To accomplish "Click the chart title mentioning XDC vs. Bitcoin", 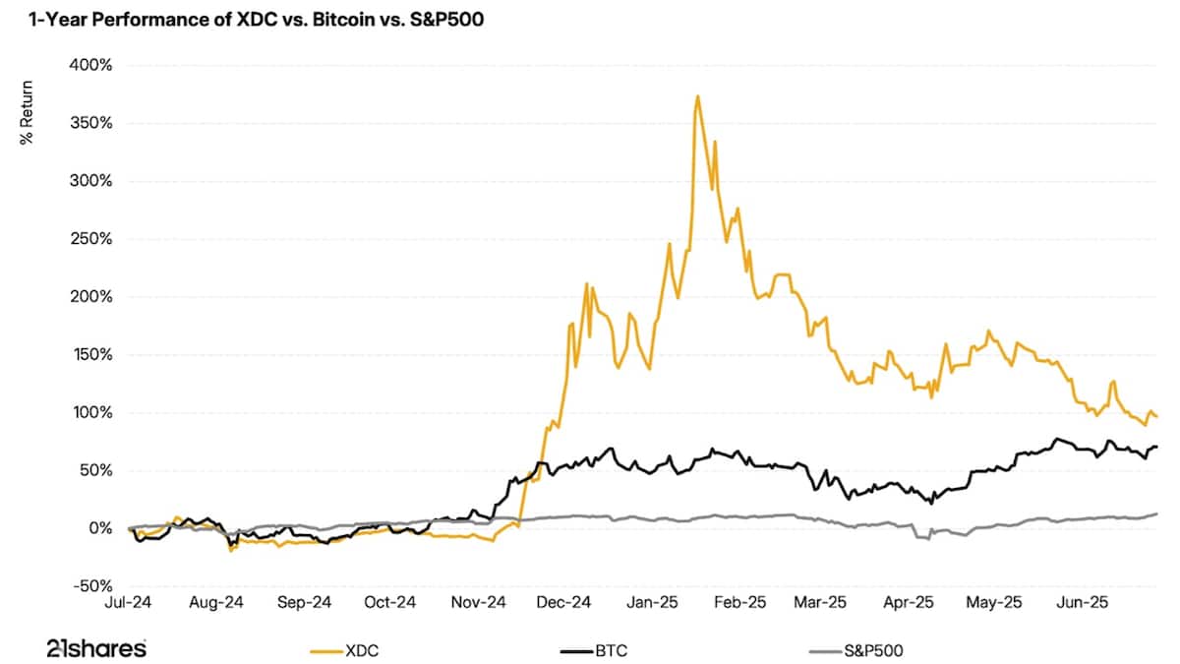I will pos(251,19).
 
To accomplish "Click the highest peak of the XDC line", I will pos(697,96).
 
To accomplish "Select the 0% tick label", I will pos(101,528).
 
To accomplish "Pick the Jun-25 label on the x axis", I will pos(1083,602).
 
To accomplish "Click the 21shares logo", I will pos(96,648).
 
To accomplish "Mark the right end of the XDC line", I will pos(1156,417).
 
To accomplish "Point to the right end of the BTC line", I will pos(1156,447).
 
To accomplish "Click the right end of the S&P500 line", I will pos(1156,513).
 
